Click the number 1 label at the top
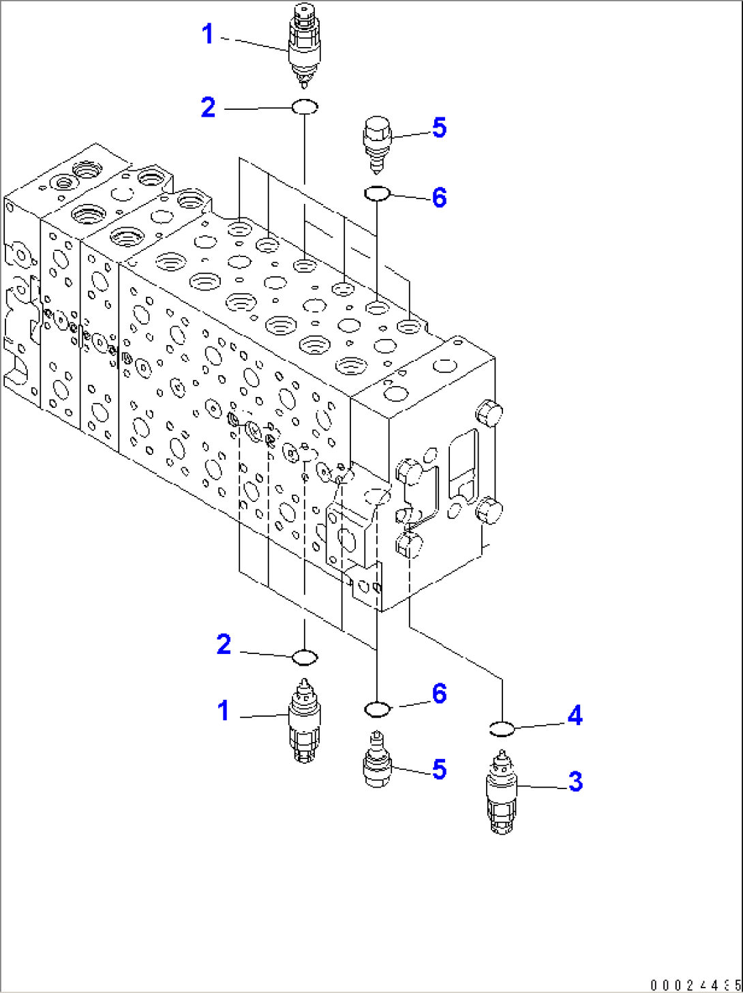coord(208,34)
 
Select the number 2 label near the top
coord(209,108)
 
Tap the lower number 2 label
coord(224,644)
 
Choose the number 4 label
coord(575,715)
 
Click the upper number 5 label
coord(439,128)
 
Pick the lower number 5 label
coord(439,769)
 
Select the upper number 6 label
coord(439,198)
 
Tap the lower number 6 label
coord(439,694)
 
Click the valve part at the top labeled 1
coord(304,45)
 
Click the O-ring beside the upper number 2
coord(305,107)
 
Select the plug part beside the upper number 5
coord(377,145)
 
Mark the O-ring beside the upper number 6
coord(377,194)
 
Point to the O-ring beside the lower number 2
coord(305,657)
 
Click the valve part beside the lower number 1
coord(304,720)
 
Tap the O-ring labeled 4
coord(502,729)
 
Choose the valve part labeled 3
coord(502,792)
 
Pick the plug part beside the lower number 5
coord(377,759)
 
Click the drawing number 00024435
coord(695,984)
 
